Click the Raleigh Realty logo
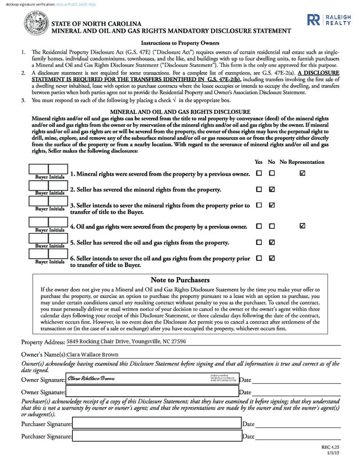click(x=329, y=20)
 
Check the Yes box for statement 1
click(x=259, y=173)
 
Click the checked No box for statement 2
click(x=272, y=189)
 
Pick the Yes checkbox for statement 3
click(x=259, y=205)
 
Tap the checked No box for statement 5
click(x=272, y=242)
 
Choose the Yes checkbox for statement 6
click(x=259, y=258)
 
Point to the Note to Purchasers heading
click(x=180, y=280)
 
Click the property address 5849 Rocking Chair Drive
click(x=126, y=341)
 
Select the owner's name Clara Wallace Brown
click(x=93, y=355)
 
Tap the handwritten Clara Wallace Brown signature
click(x=91, y=379)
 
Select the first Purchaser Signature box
click(x=157, y=424)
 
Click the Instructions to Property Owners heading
click(x=180, y=43)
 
